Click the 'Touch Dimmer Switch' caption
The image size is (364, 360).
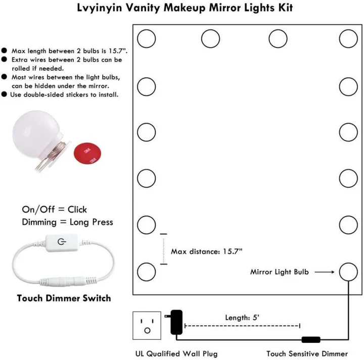tap(64, 298)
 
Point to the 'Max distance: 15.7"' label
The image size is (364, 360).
tap(207, 251)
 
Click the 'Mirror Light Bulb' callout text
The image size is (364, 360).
tap(279, 272)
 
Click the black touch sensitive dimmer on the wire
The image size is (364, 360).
tap(310, 340)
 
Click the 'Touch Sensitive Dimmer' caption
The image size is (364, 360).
tap(307, 353)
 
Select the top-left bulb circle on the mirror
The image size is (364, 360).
tap(147, 38)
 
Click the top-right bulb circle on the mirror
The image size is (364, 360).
tap(348, 38)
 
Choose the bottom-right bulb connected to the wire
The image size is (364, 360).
tap(348, 272)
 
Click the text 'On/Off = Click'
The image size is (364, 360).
tap(54, 210)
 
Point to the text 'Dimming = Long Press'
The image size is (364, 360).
tap(67, 222)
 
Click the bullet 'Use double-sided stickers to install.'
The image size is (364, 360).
tap(65, 94)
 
